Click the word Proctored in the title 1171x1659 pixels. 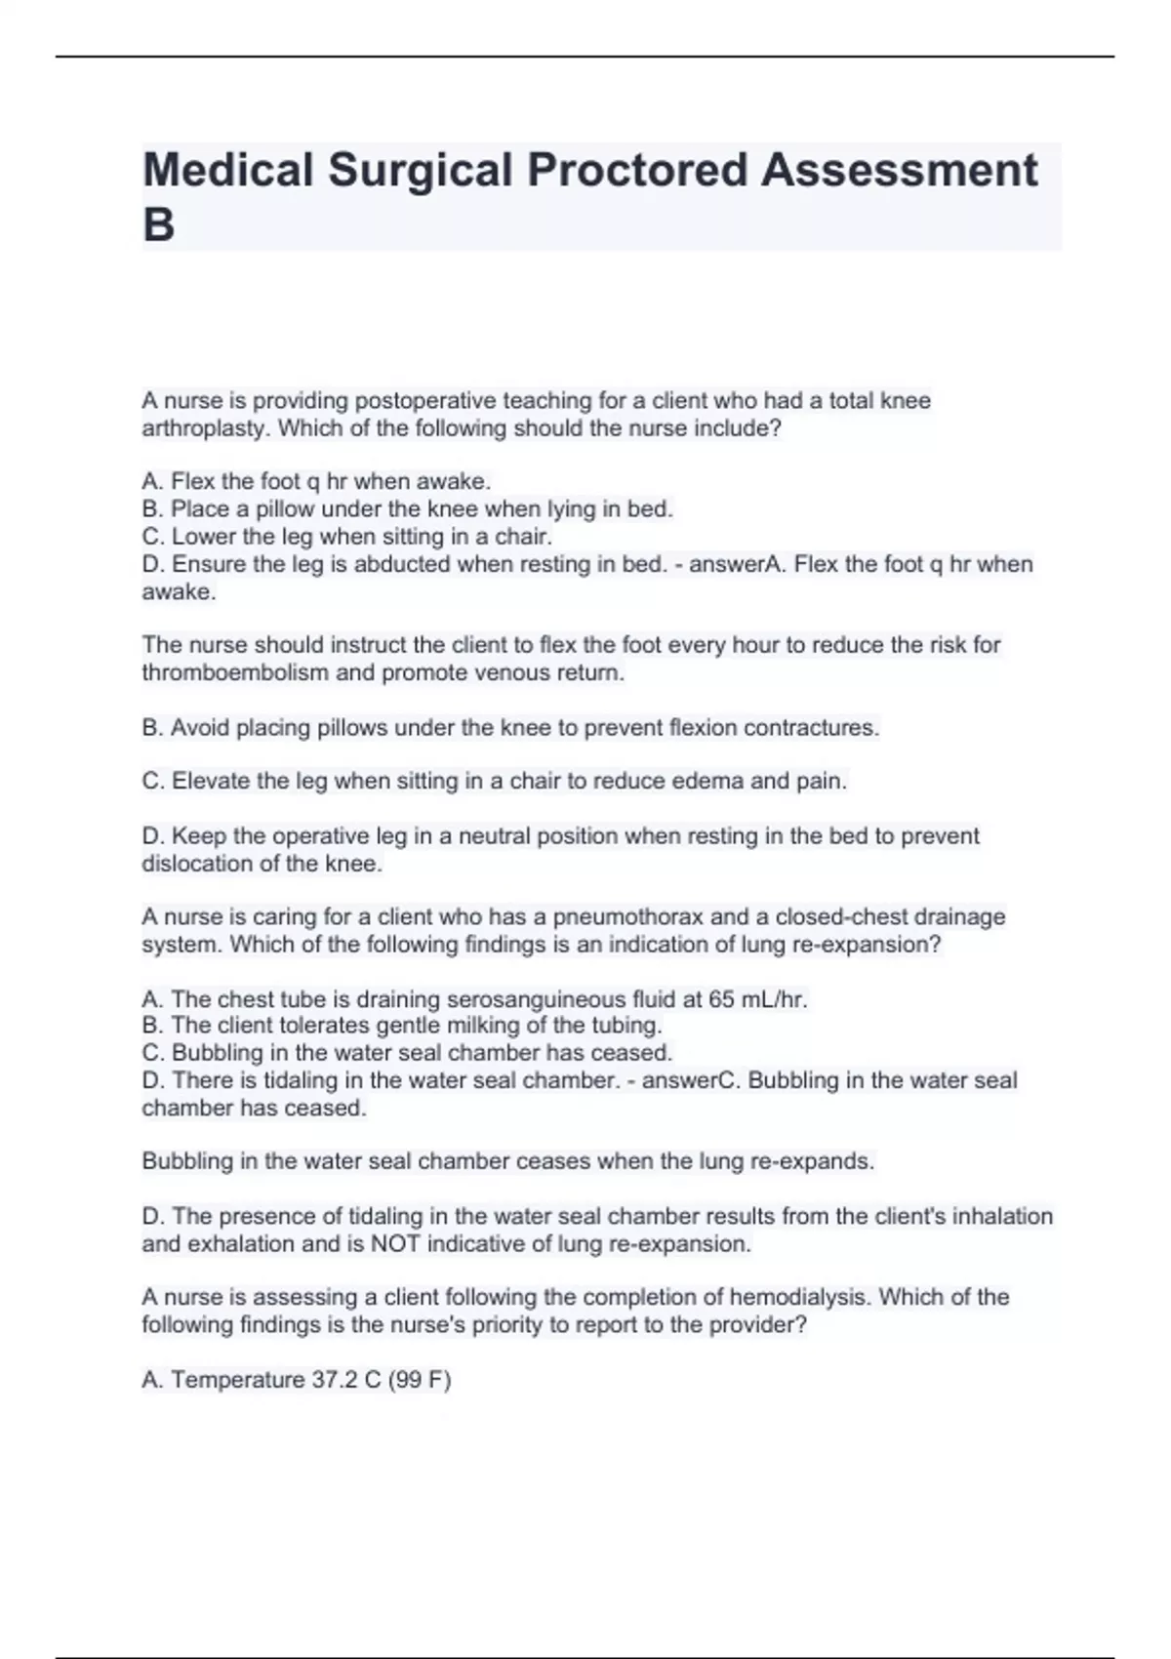tap(637, 170)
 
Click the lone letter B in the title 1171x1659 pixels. tap(158, 224)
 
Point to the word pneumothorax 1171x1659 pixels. tap(628, 917)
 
